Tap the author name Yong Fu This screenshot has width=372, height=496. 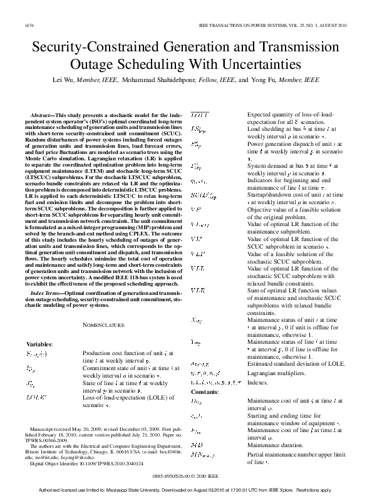263,81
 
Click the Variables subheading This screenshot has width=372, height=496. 39,344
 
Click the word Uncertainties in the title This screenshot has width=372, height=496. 247,65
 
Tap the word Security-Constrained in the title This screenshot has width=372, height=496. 93,48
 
